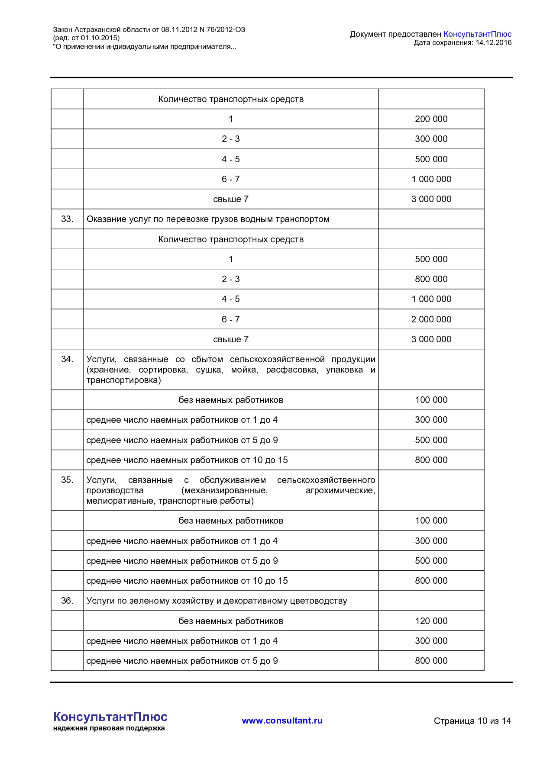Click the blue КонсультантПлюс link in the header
pyautogui.click(x=477, y=34)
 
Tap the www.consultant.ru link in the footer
pyautogui.click(x=282, y=720)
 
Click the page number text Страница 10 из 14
pyautogui.click(x=472, y=721)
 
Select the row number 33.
pyautogui.click(x=67, y=219)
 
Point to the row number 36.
pyautogui.click(x=67, y=601)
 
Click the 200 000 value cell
pyautogui.click(x=431, y=119)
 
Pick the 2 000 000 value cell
pyautogui.click(x=431, y=319)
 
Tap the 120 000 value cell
pyautogui.click(x=431, y=621)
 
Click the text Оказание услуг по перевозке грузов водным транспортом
pyautogui.click(x=208, y=219)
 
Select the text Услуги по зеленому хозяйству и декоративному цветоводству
pyautogui.click(x=217, y=601)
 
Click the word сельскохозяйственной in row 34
pyautogui.click(x=277, y=359)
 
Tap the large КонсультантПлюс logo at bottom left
pyautogui.click(x=110, y=717)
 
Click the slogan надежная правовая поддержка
pyautogui.click(x=109, y=728)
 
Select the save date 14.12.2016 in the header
pyautogui.click(x=493, y=42)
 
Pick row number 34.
pyautogui.click(x=67, y=359)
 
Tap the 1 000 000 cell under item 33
pyautogui.click(x=431, y=299)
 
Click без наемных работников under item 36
pyautogui.click(x=231, y=621)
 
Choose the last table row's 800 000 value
pyautogui.click(x=431, y=661)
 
